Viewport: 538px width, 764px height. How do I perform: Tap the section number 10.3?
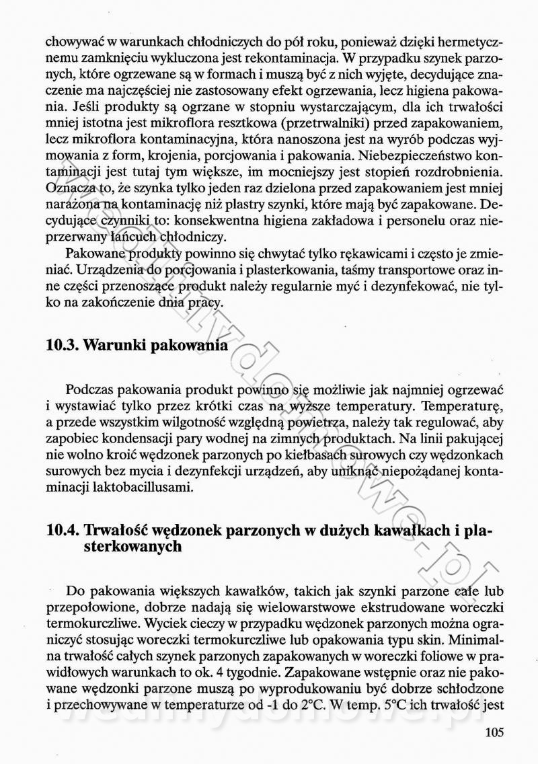(x=63, y=346)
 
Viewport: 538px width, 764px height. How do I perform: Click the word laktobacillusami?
(x=122, y=486)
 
